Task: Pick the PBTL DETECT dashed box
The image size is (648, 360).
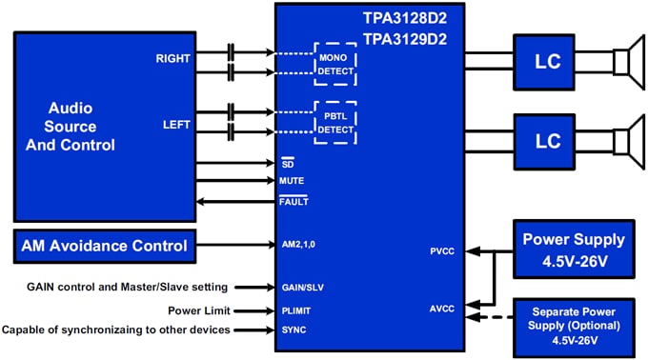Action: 334,122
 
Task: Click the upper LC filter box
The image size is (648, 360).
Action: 548,62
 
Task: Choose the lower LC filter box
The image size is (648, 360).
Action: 548,139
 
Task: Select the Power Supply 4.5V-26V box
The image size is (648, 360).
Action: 577,248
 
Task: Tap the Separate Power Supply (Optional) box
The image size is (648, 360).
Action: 577,323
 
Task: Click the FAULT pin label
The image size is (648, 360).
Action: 294,202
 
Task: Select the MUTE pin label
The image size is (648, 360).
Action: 293,180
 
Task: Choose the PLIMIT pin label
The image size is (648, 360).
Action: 296,310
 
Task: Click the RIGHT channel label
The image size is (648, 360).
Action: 172,58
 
